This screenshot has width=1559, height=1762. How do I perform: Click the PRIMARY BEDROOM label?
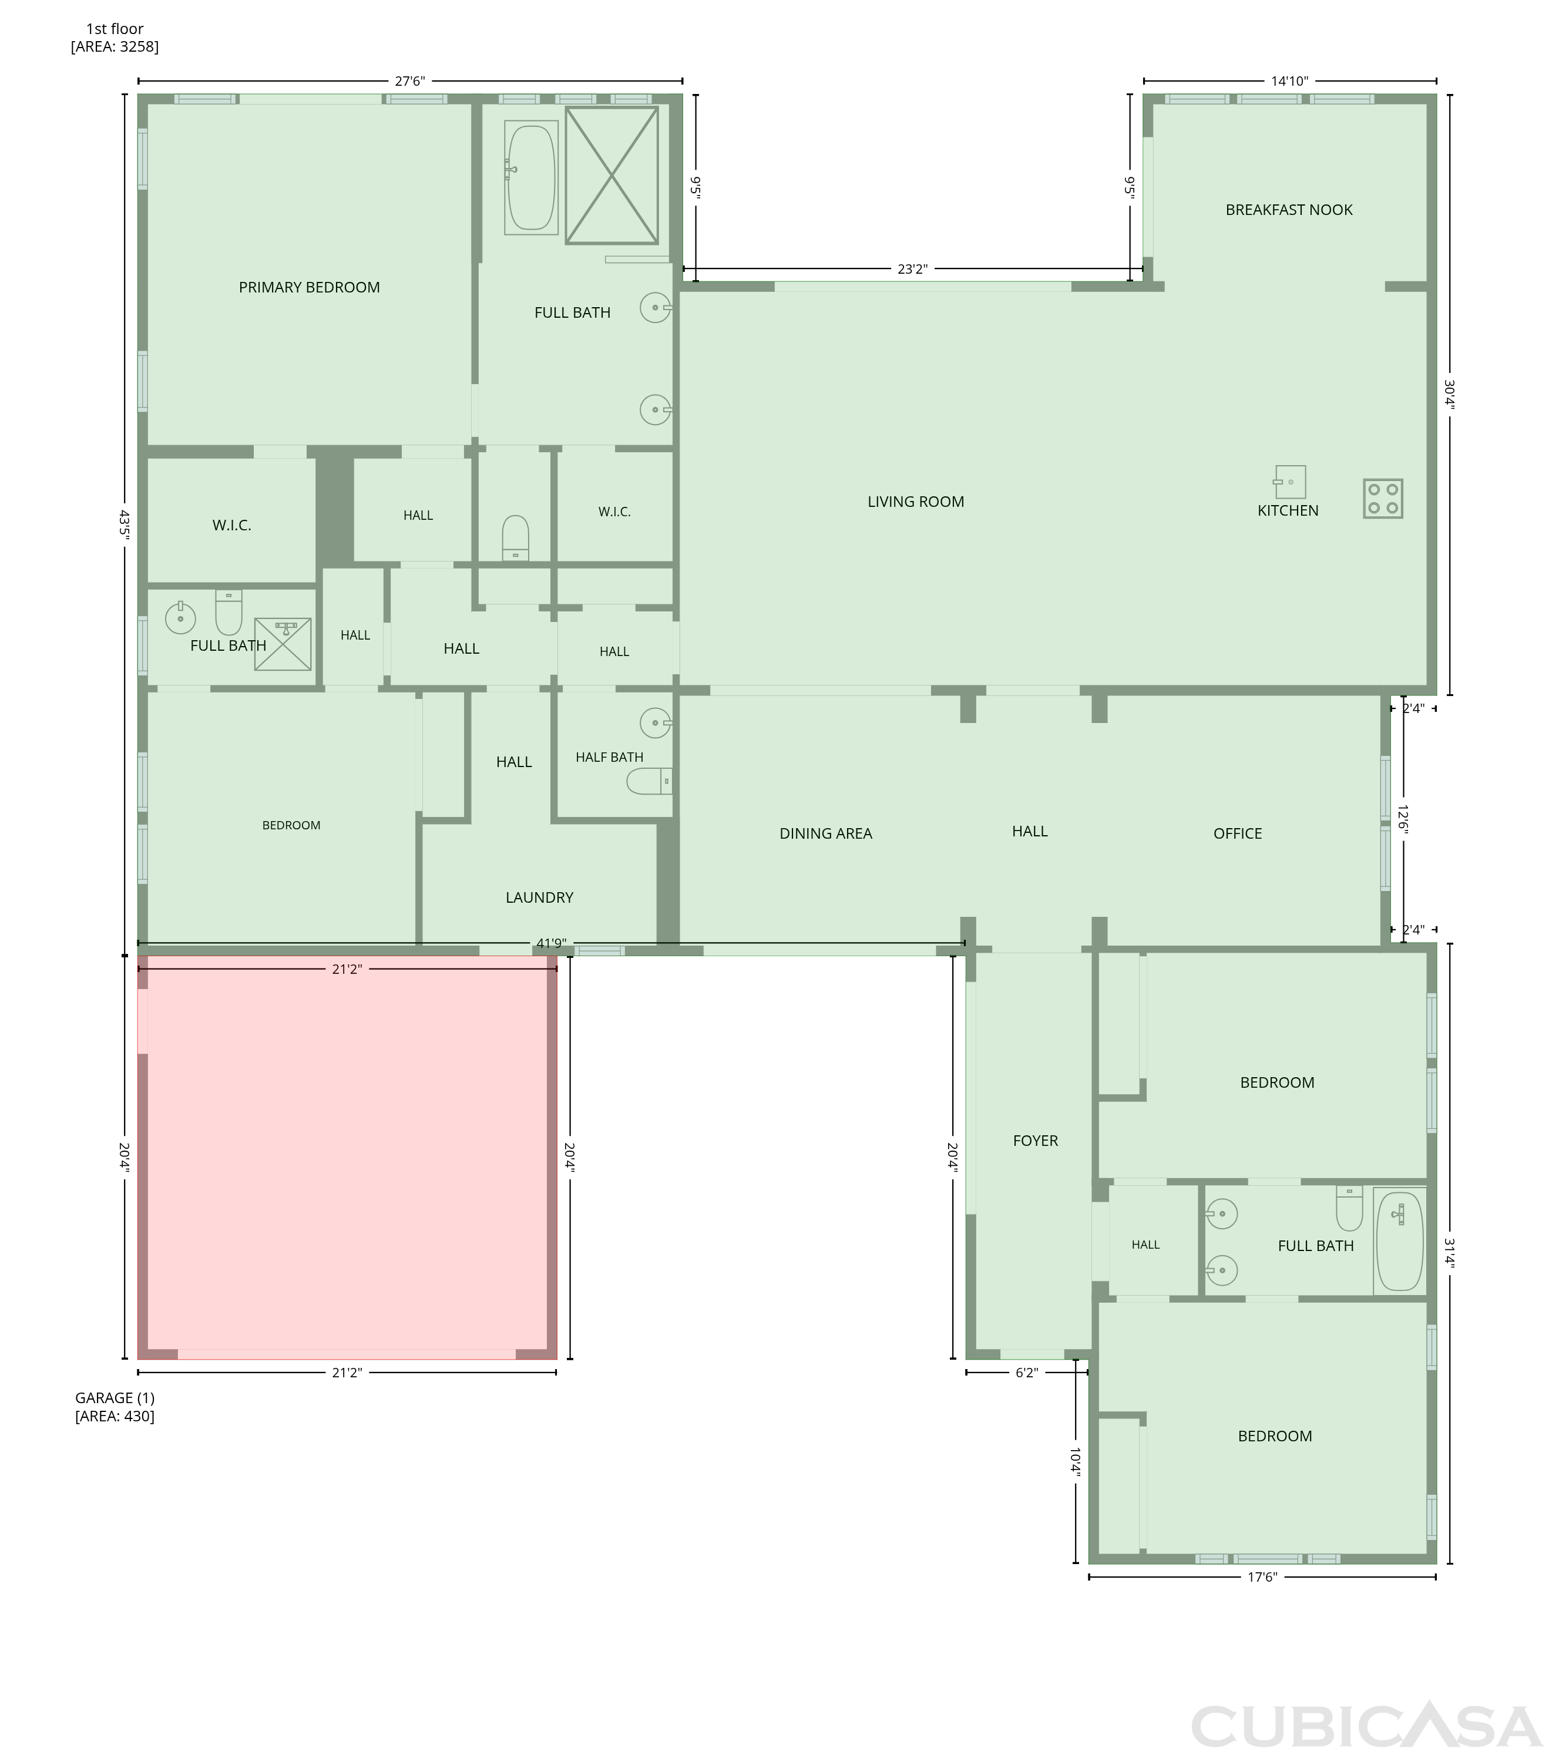click(309, 287)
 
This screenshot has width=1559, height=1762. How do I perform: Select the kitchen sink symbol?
click(1289, 482)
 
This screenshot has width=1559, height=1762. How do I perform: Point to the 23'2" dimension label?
click(912, 269)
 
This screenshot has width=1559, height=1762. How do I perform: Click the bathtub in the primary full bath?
click(531, 177)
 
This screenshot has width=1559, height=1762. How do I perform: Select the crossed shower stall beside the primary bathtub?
click(612, 175)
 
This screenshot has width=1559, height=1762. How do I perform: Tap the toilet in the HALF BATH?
click(649, 781)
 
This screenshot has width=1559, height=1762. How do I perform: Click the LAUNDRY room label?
click(539, 897)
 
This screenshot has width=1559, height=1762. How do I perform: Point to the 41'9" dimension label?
click(550, 943)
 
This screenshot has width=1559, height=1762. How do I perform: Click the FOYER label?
click(1035, 1141)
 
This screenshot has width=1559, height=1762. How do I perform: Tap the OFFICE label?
click(1237, 833)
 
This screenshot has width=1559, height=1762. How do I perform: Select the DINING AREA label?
click(825, 833)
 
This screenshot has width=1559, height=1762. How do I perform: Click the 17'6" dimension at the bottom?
click(1262, 1578)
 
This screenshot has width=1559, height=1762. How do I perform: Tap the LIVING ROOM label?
click(916, 502)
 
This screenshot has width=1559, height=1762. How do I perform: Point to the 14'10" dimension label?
click(1289, 81)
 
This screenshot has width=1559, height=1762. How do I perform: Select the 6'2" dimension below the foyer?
click(1026, 1373)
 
